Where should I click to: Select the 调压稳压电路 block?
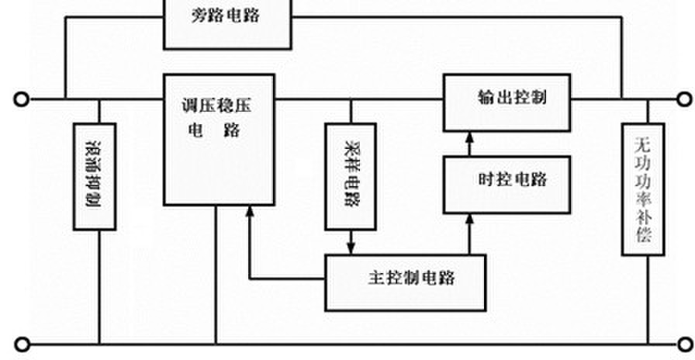[x=219, y=140]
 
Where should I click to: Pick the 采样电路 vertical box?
[x=351, y=176]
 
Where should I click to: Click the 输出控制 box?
[x=507, y=102]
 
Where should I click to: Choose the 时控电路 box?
[x=507, y=184]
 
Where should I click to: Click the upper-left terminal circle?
[x=22, y=99]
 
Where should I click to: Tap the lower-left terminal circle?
[x=22, y=344]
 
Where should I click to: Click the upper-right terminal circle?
[x=684, y=99]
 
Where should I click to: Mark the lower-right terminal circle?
[x=684, y=343]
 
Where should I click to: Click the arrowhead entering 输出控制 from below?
[x=469, y=137]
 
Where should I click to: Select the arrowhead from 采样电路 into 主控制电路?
[x=351, y=249]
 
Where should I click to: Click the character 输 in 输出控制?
[x=486, y=98]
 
